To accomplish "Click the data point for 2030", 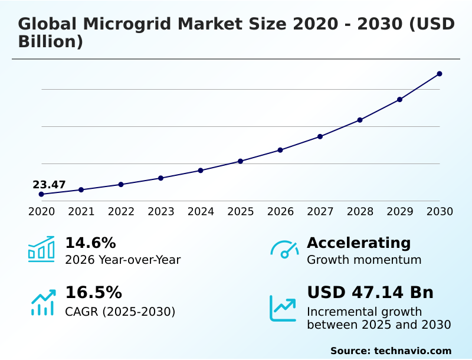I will [x=440, y=74].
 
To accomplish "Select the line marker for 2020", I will [x=41, y=194].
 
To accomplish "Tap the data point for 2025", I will [x=240, y=161].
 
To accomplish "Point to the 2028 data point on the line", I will [x=360, y=120].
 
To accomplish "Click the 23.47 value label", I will [x=49, y=185].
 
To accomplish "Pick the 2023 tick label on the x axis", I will [x=160, y=212].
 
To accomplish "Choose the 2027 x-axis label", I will [x=320, y=212].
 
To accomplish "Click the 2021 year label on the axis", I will [x=81, y=212].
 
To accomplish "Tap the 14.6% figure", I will [x=90, y=243].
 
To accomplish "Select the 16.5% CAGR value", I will [x=93, y=293].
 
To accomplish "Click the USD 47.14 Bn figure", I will [x=370, y=293].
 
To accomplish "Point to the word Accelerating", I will [x=359, y=243].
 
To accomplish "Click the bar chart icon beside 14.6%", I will [x=41, y=249].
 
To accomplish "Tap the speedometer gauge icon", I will [x=284, y=249].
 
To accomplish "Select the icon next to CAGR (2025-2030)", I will [x=42, y=302].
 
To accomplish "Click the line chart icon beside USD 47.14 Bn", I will [x=283, y=308].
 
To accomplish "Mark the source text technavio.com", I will [x=412, y=351].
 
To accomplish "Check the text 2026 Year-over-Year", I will [x=123, y=260].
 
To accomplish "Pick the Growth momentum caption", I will [x=364, y=260].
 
